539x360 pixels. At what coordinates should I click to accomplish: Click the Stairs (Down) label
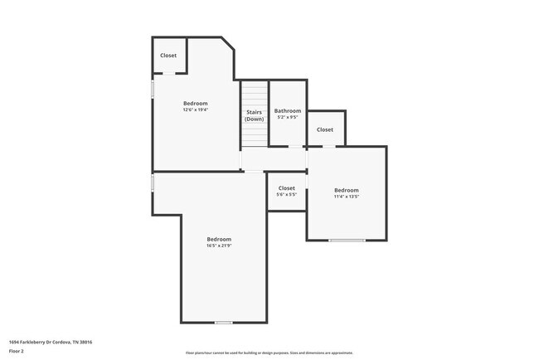(254, 115)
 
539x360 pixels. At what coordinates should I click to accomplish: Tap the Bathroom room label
(288, 111)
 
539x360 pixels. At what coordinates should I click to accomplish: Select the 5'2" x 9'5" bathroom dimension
(288, 118)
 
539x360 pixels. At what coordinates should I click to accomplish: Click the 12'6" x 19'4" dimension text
(196, 109)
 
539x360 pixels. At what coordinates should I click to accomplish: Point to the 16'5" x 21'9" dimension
(219, 246)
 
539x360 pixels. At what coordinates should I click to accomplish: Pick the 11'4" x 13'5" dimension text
(347, 197)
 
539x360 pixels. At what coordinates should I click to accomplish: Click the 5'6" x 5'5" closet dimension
(286, 195)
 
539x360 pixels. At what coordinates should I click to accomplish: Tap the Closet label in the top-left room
(168, 56)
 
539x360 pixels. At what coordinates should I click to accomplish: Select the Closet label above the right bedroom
(325, 129)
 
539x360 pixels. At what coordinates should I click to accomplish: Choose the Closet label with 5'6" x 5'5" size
(286, 188)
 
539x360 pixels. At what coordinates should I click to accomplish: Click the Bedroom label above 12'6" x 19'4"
(196, 103)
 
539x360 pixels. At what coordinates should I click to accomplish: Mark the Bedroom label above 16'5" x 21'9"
(219, 239)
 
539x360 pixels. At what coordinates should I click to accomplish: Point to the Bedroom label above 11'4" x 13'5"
(347, 190)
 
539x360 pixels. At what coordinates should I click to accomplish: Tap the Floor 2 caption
(17, 351)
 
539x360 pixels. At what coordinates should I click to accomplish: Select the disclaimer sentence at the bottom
(269, 353)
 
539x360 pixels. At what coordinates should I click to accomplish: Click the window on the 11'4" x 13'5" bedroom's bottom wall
(347, 241)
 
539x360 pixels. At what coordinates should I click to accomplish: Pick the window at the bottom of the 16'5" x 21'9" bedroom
(223, 322)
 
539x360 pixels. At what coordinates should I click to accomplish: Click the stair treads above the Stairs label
(255, 94)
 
